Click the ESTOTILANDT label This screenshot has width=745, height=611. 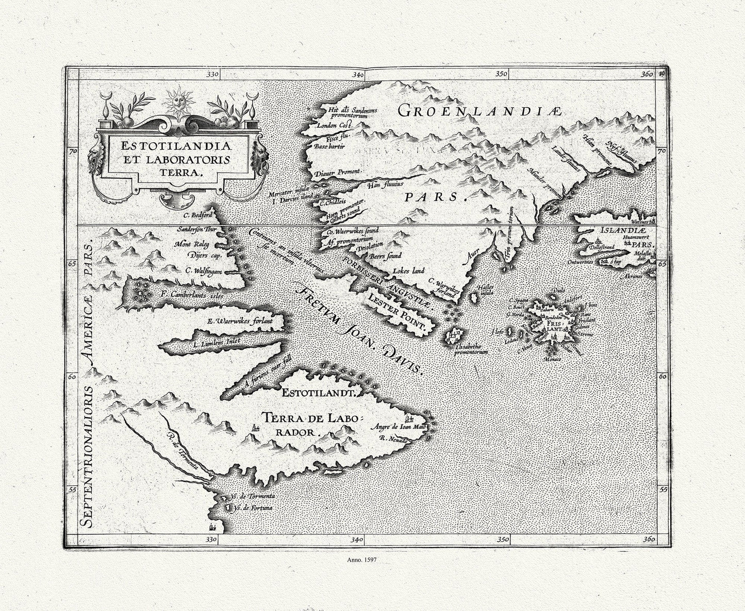[x=319, y=393]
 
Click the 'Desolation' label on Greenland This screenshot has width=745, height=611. [x=370, y=245]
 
